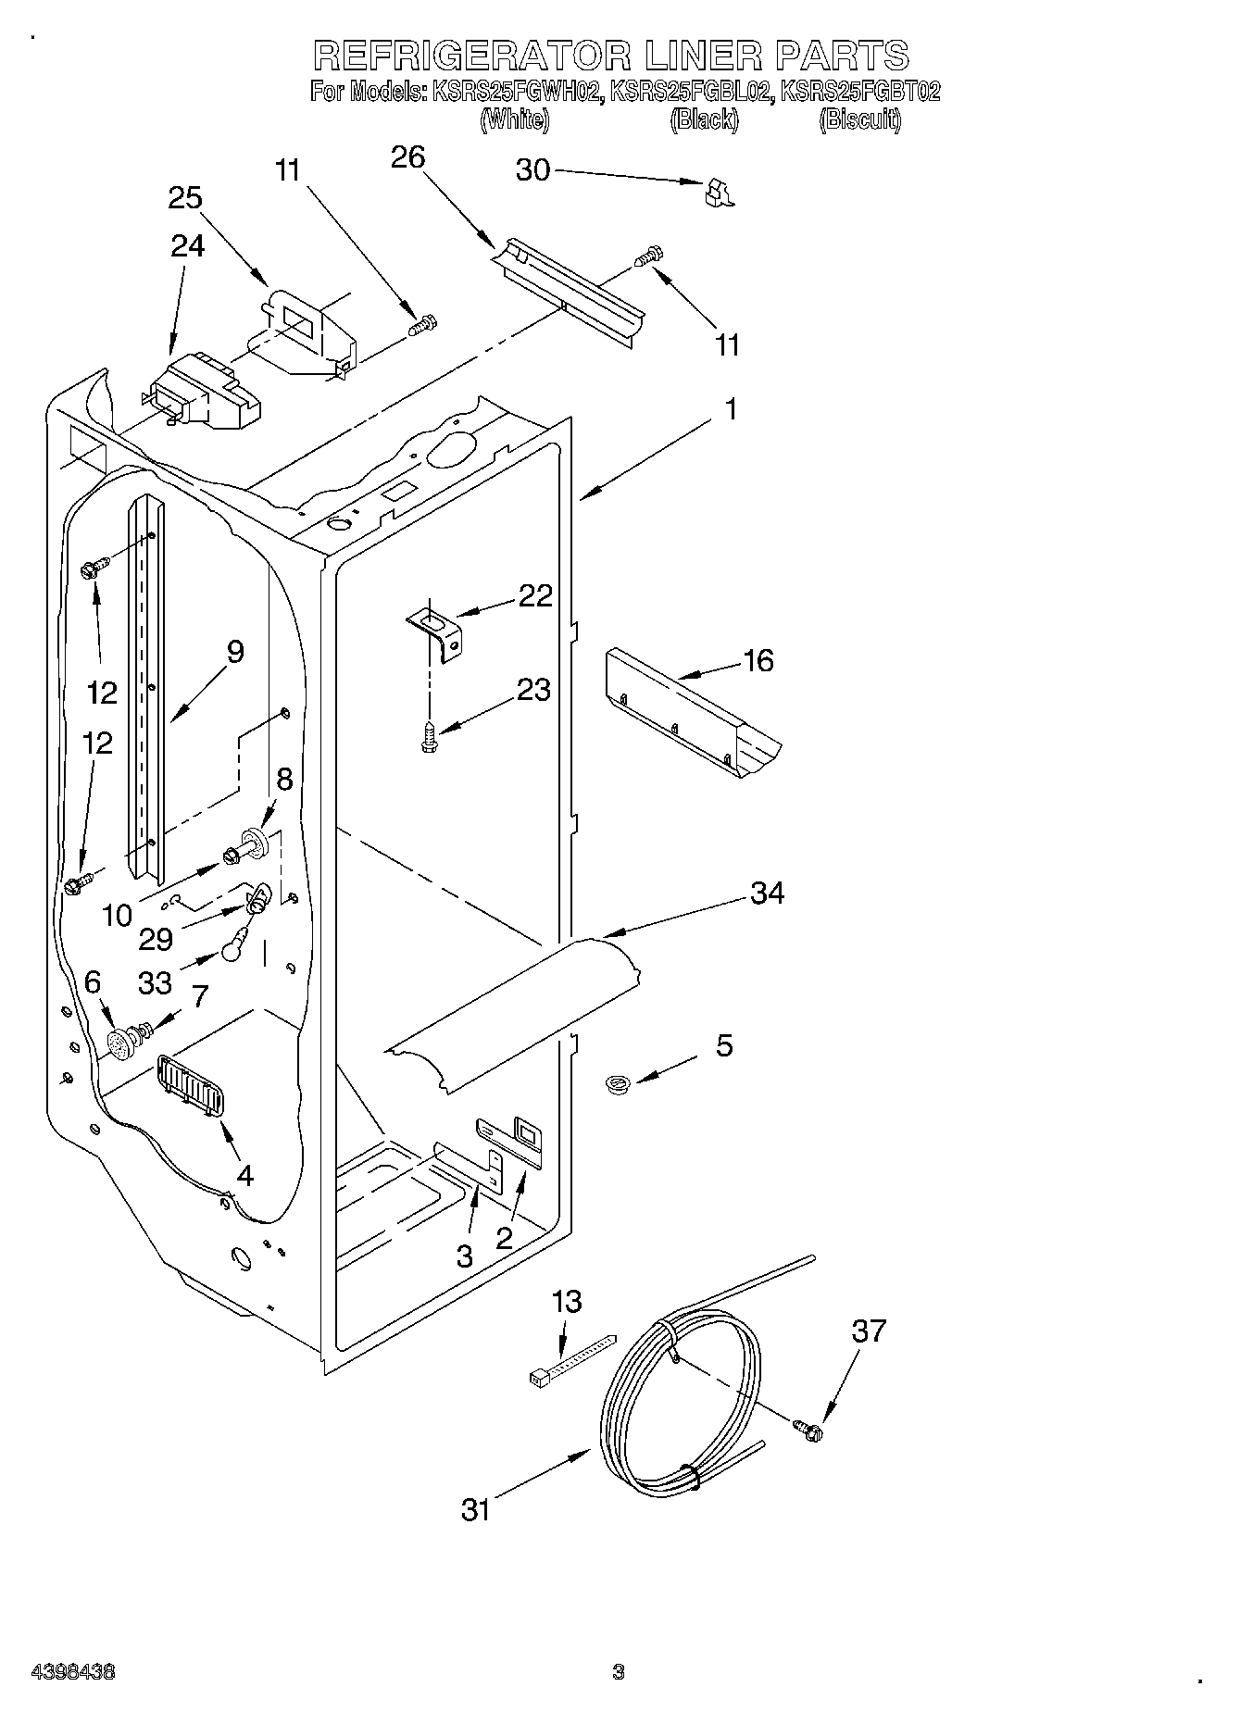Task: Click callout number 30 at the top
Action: (532, 170)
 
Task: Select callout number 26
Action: (407, 157)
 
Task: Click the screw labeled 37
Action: (809, 1431)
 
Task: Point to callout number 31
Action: (476, 1510)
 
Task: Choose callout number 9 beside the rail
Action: (235, 652)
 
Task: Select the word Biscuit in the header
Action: (859, 119)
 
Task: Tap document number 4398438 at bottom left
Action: (73, 1672)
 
